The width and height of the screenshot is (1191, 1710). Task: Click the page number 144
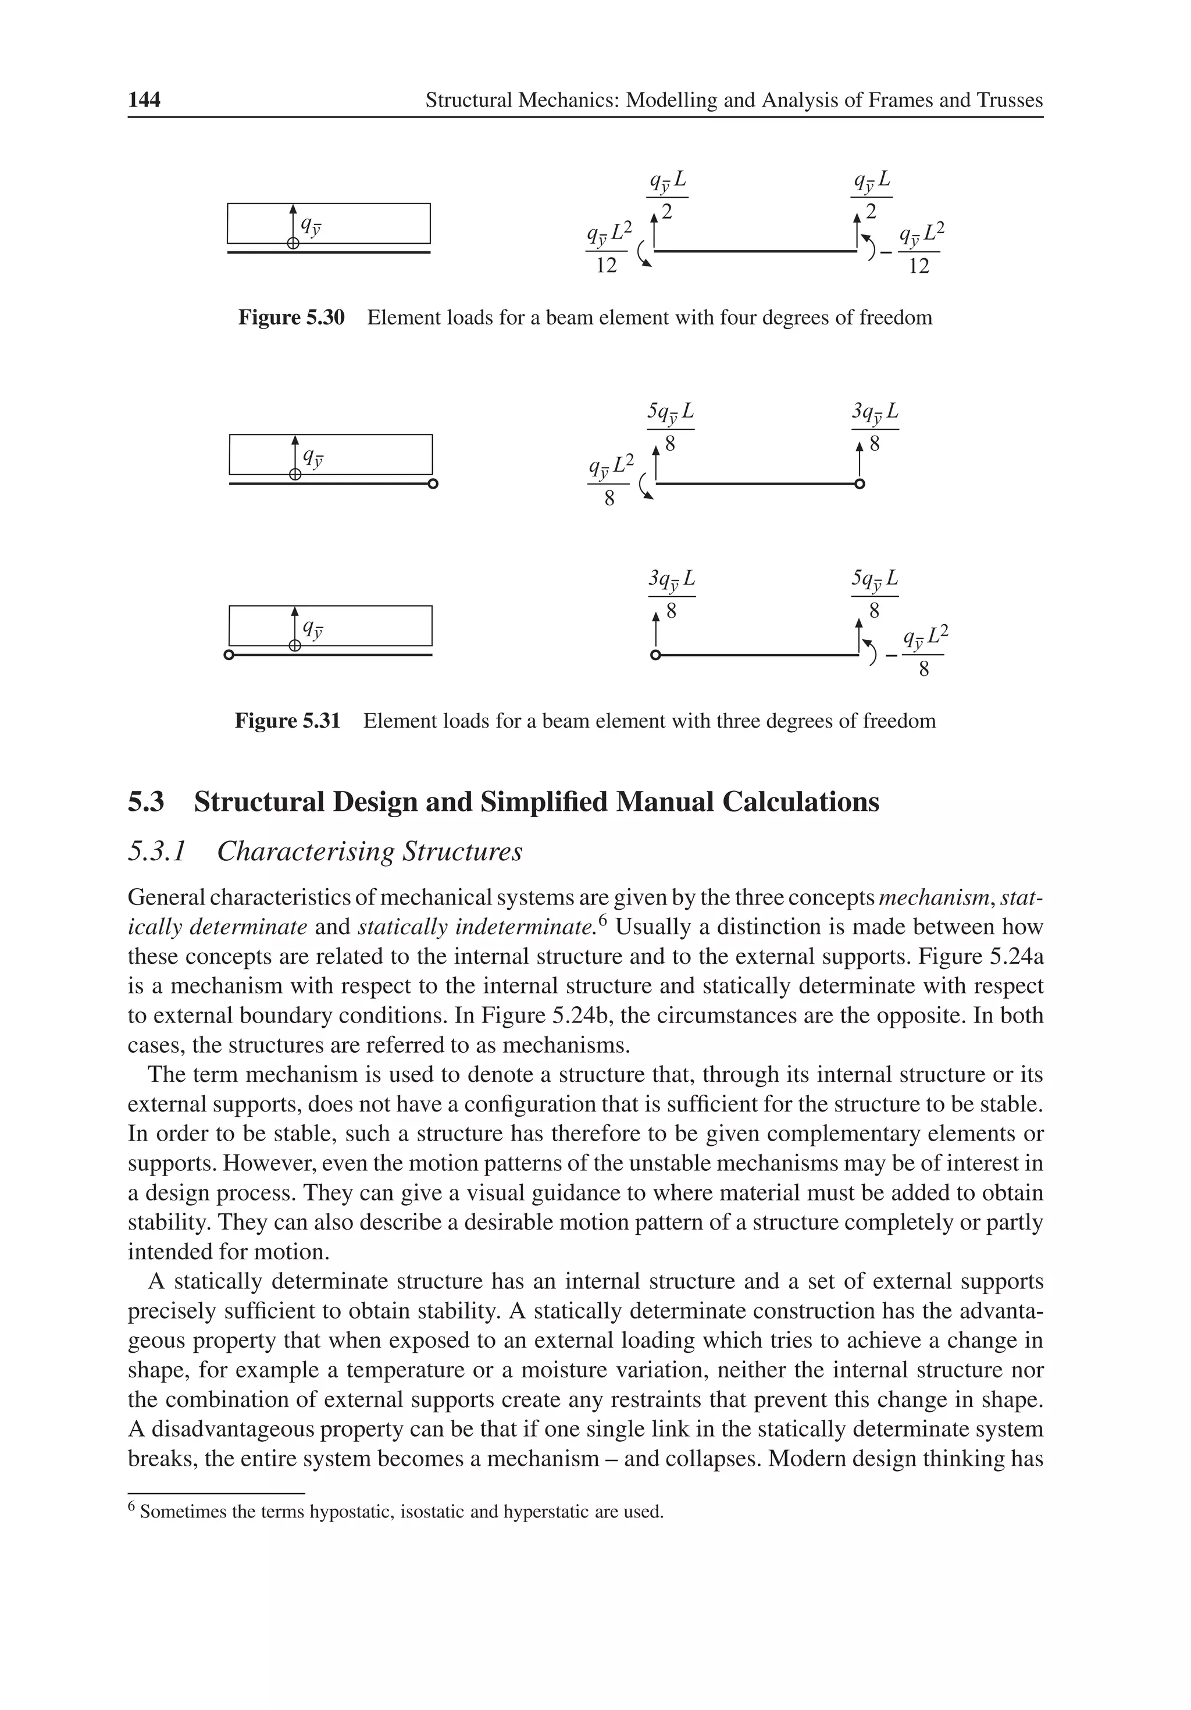point(144,100)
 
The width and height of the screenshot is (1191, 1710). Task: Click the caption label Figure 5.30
point(291,318)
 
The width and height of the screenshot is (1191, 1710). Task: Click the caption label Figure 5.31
point(287,721)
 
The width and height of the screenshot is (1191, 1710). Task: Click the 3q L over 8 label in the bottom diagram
point(671,594)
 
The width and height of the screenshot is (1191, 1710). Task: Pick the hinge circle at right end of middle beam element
point(860,485)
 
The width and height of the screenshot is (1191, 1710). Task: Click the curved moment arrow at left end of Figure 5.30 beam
point(644,257)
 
